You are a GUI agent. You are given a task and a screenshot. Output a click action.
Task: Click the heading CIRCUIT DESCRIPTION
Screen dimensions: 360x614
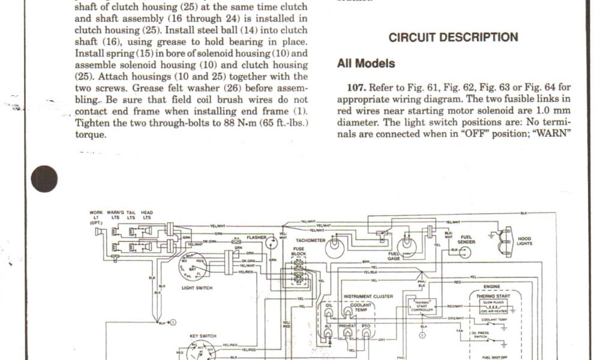453,37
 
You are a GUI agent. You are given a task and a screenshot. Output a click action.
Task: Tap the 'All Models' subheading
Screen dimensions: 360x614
366,63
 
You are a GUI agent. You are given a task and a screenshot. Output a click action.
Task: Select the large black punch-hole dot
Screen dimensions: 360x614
44,178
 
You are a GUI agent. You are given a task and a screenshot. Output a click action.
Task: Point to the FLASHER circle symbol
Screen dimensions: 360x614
271,241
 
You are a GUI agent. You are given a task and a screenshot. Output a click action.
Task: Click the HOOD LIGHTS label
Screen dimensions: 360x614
524,241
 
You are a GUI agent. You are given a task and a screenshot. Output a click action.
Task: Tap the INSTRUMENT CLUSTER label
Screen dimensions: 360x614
368,296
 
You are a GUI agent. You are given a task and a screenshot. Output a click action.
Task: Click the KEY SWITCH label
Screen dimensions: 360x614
203,336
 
